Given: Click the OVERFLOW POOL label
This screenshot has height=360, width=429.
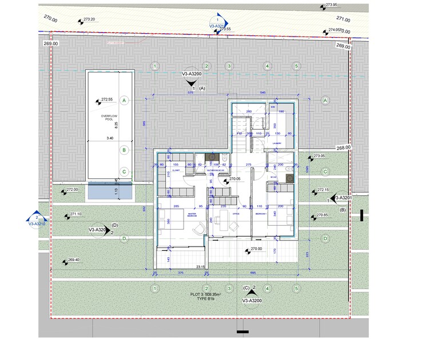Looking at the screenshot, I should (x=108, y=118).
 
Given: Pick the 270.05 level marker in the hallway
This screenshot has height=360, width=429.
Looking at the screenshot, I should (x=236, y=179).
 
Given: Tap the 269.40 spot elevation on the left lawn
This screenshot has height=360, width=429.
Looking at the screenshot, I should (x=74, y=260).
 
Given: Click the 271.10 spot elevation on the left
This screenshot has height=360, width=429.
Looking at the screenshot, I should (x=76, y=214).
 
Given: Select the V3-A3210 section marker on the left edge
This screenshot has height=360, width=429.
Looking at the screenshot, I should (x=37, y=225).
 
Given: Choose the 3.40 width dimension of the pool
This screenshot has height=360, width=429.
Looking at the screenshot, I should (x=110, y=138).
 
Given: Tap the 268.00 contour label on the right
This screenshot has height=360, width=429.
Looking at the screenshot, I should (x=343, y=147).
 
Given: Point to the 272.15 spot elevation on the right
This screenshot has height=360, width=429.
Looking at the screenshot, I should (x=323, y=190).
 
